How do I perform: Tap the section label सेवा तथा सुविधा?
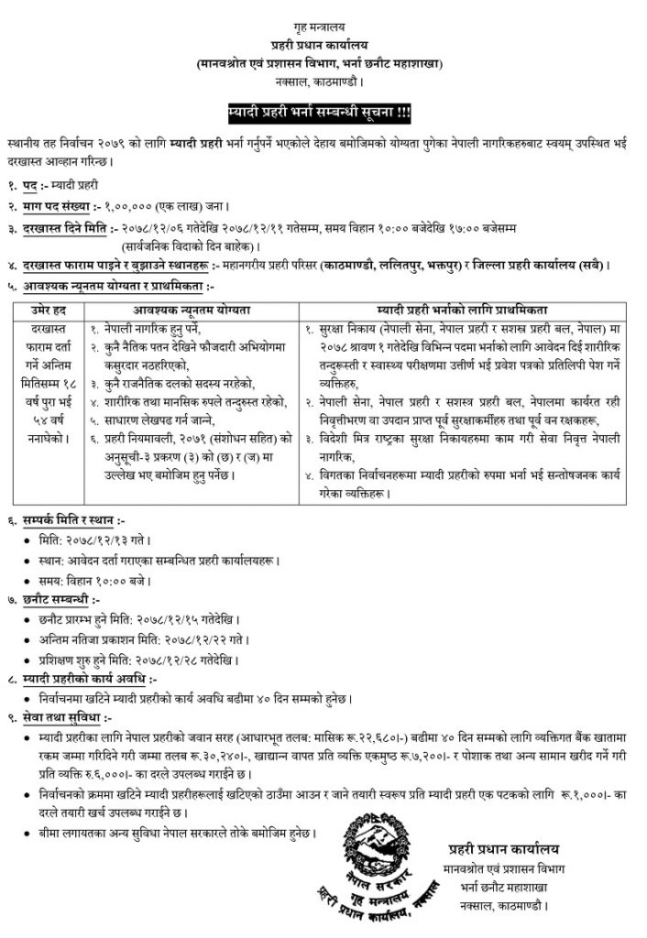click(68, 718)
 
